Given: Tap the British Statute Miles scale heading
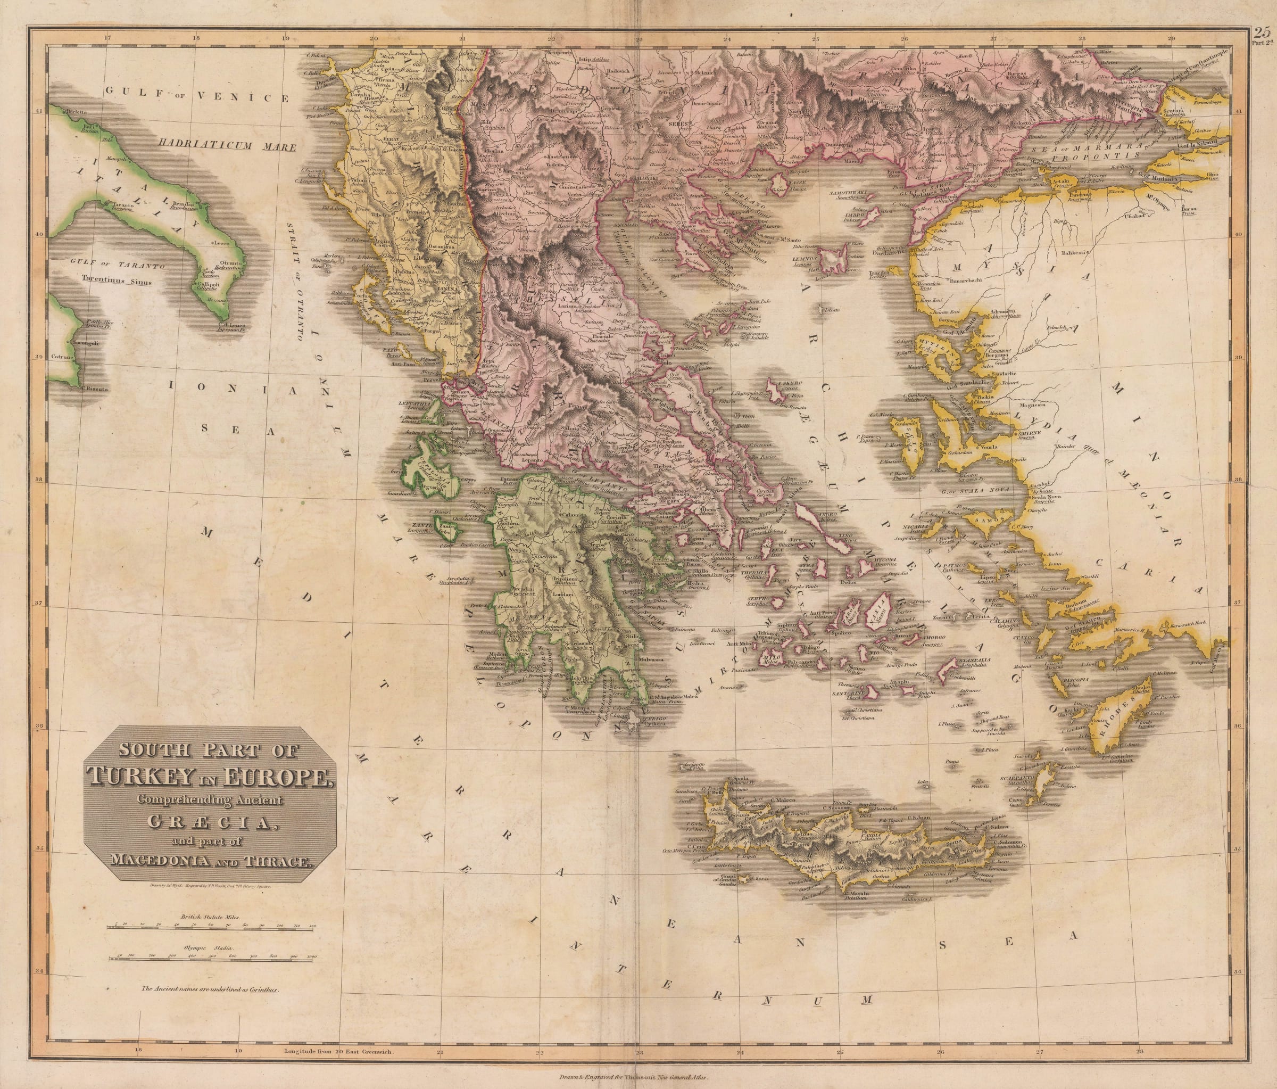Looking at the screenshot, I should coord(210,917).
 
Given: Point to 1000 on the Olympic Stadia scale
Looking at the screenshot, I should coord(312,956).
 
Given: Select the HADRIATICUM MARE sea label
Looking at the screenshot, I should coord(226,147).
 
